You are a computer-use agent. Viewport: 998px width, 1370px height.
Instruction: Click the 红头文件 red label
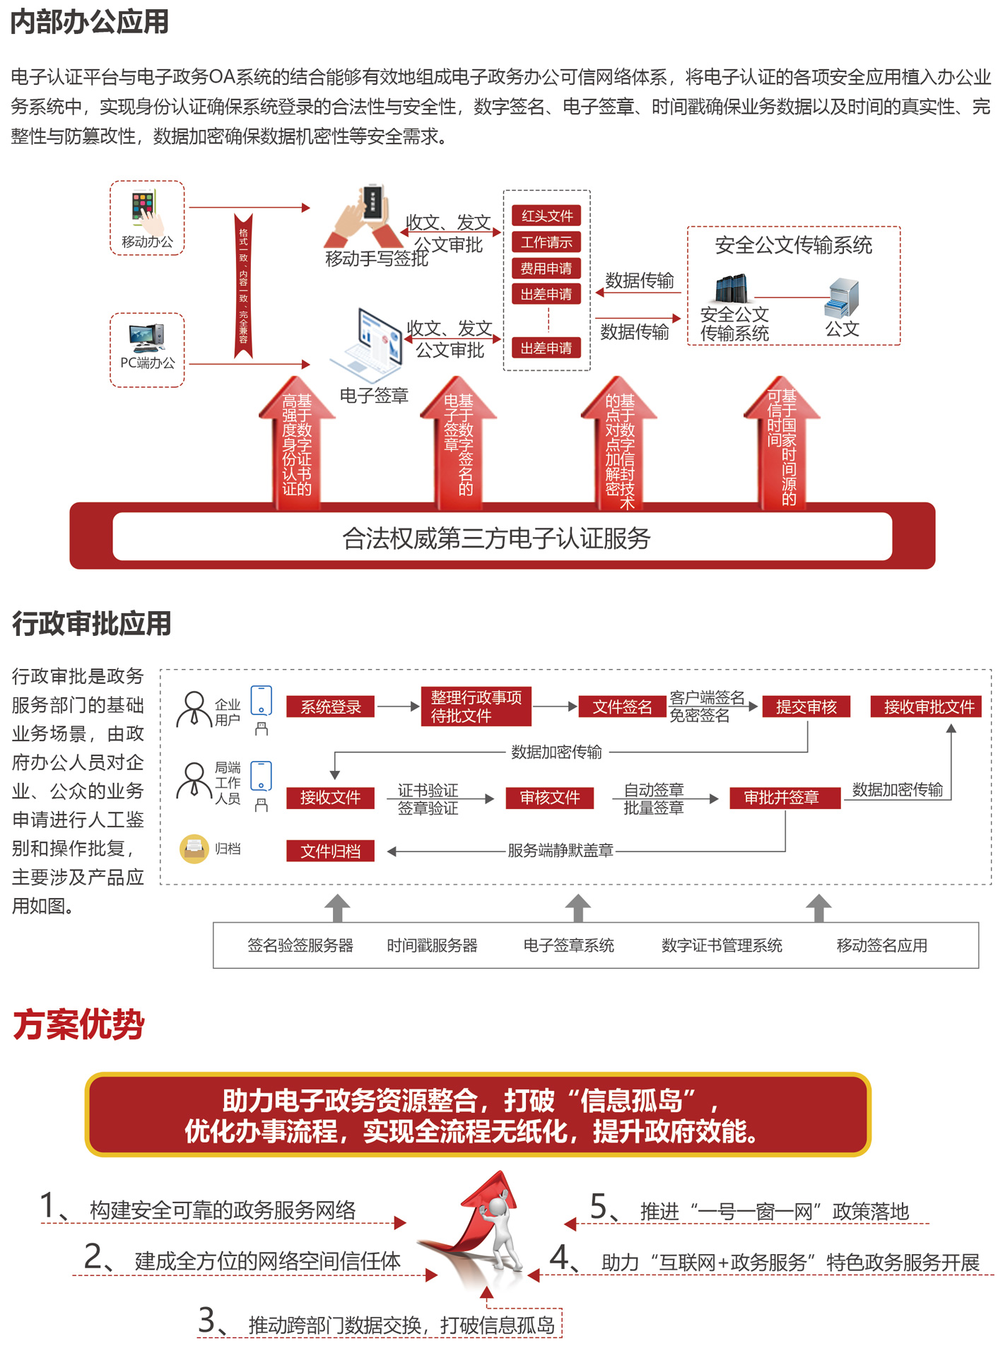[546, 215]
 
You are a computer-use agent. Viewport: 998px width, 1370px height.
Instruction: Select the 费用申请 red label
[546, 268]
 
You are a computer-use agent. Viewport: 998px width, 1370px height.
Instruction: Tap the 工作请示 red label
[546, 242]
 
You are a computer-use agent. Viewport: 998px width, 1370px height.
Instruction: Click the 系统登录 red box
[330, 707]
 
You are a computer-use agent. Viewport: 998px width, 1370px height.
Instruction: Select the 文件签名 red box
[622, 707]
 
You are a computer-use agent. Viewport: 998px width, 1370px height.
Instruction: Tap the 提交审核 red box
[806, 707]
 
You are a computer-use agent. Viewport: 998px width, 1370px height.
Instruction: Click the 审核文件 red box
[549, 798]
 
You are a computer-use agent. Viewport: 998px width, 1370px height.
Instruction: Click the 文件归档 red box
[330, 851]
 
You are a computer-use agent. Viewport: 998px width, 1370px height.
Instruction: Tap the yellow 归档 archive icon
[194, 849]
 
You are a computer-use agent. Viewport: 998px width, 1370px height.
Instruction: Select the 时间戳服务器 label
[432, 945]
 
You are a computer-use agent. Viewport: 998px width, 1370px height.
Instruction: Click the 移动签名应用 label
[881, 945]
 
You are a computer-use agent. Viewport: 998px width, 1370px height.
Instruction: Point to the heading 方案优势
[78, 1024]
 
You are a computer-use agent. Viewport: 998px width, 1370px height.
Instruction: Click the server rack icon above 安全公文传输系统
[732, 288]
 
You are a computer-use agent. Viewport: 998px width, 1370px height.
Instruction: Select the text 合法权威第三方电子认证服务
[496, 538]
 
